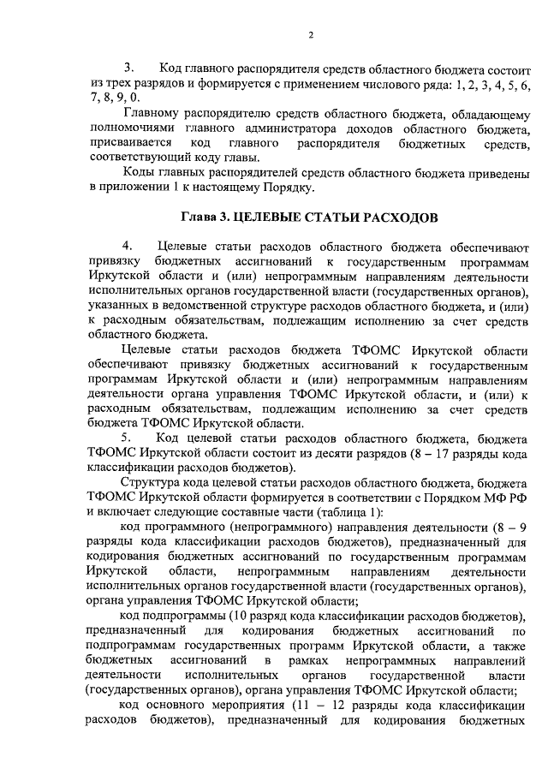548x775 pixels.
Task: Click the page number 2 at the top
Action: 312,35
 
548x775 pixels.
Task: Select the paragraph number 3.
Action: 130,67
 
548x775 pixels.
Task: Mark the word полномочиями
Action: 132,128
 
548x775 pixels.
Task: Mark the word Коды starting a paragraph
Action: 140,172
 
